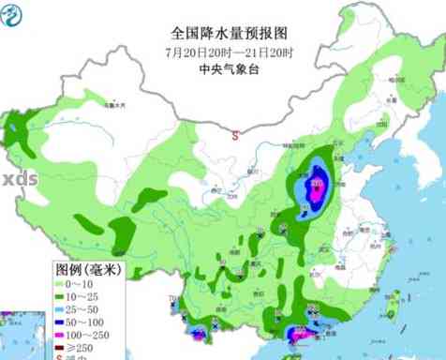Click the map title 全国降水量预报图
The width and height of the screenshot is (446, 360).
pos(222,31)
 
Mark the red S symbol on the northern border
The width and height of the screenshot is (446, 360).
pos(234,135)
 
